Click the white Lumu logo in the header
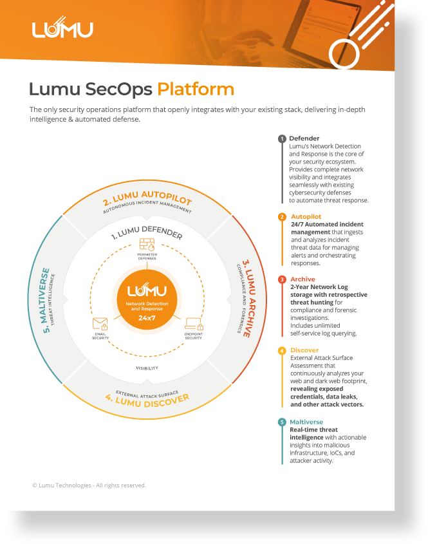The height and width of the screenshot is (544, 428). (x=62, y=28)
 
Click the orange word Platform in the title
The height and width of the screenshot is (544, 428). (x=196, y=89)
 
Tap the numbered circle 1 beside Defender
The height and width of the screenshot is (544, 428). (x=282, y=139)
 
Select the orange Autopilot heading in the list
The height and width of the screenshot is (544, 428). (x=306, y=216)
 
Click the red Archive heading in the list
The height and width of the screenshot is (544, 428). (x=302, y=279)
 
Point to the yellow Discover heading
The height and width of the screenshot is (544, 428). (x=304, y=350)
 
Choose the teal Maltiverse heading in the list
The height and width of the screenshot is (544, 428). (x=306, y=422)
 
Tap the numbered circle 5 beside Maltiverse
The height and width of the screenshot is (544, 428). (x=282, y=422)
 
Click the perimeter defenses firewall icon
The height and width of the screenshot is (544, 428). (x=147, y=244)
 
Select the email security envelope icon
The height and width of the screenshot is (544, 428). (x=100, y=324)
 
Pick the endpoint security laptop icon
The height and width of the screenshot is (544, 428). (x=194, y=324)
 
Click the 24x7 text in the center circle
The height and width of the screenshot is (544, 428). (x=147, y=318)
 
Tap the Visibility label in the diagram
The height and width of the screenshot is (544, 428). (x=147, y=368)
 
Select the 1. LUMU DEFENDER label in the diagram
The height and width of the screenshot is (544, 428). (x=147, y=232)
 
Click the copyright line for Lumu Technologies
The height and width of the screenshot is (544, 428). (x=89, y=485)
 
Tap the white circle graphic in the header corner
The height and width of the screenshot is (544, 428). (x=344, y=54)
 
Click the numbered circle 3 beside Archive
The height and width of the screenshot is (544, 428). (x=282, y=279)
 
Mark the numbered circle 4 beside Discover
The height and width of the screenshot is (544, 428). (x=282, y=350)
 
